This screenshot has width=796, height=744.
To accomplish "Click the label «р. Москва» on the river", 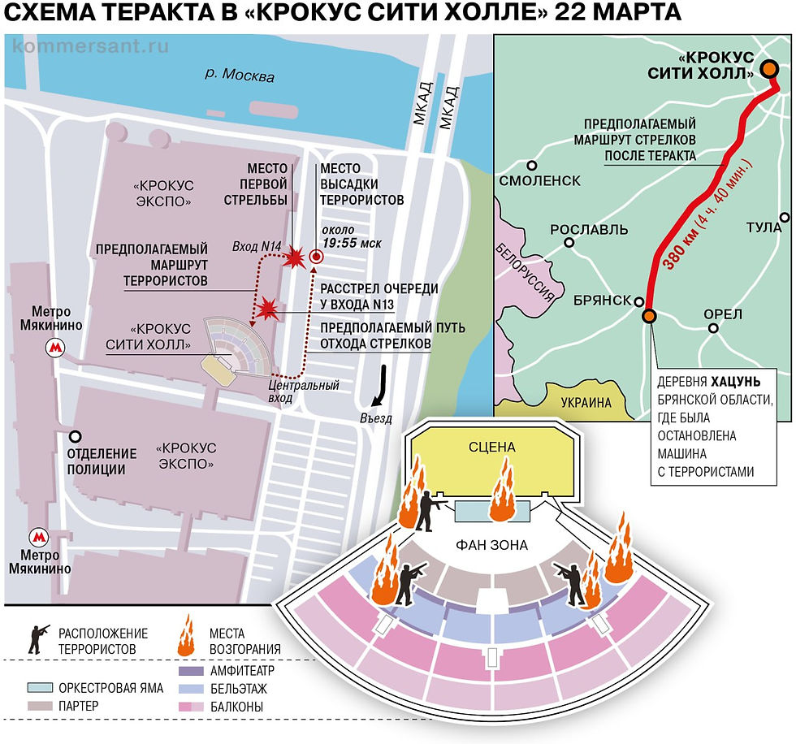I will coord(240,76).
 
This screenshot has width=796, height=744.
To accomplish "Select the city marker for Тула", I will coord(785,217).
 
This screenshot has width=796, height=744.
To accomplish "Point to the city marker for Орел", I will coord(712,329).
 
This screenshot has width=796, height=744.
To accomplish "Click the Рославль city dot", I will coord(570,242).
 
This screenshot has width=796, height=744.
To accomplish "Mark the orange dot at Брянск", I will coord(648,315).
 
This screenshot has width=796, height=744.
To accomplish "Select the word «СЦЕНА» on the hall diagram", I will coord(492,448).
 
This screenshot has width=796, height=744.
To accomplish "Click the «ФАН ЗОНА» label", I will coord(493,545).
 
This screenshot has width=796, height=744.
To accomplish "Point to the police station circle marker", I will coord(75,435).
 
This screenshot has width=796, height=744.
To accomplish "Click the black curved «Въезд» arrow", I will coord(379,388).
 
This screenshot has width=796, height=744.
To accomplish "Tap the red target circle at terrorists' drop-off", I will coord(317,257).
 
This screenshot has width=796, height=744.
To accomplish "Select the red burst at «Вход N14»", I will coord(294,257).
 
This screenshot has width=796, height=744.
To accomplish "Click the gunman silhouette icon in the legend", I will coord(38,638).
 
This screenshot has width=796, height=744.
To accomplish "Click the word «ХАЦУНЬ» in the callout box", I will coord(738,381).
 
